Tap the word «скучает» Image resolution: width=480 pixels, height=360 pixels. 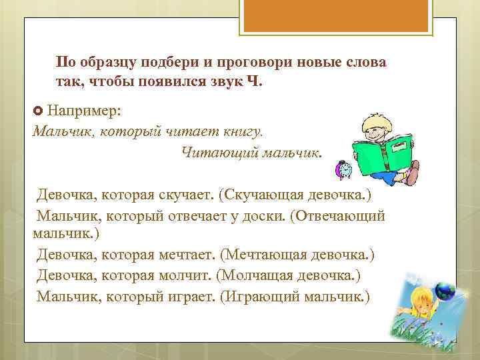tap(188, 195)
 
